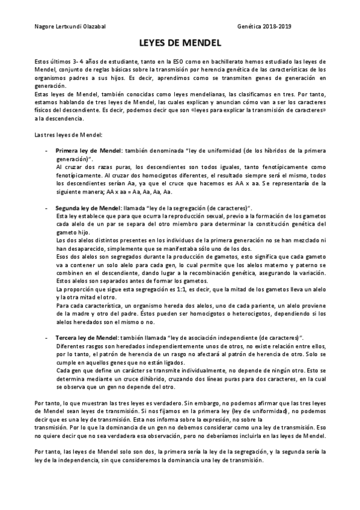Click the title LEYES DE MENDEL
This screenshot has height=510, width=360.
tap(180, 43)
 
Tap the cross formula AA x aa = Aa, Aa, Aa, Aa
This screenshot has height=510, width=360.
tap(139, 192)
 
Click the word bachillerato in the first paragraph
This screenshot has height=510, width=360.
tap(217, 62)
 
